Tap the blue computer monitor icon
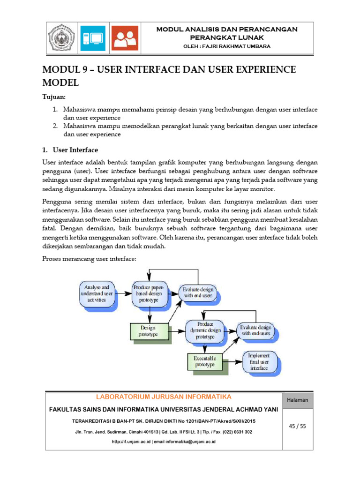coord(93,38)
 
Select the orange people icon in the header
coord(125,38)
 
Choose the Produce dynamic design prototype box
coord(204,330)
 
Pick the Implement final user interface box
coord(258,362)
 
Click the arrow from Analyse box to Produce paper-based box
coord(122,294)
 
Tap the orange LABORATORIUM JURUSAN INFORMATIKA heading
coord(164,397)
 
